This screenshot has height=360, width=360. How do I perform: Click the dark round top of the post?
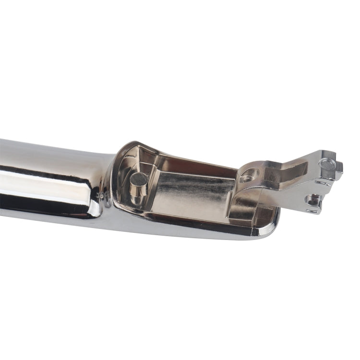(139, 180)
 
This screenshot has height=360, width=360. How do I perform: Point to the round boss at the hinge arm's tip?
(327, 164)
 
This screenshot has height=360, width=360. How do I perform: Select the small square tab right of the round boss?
(339, 168)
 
